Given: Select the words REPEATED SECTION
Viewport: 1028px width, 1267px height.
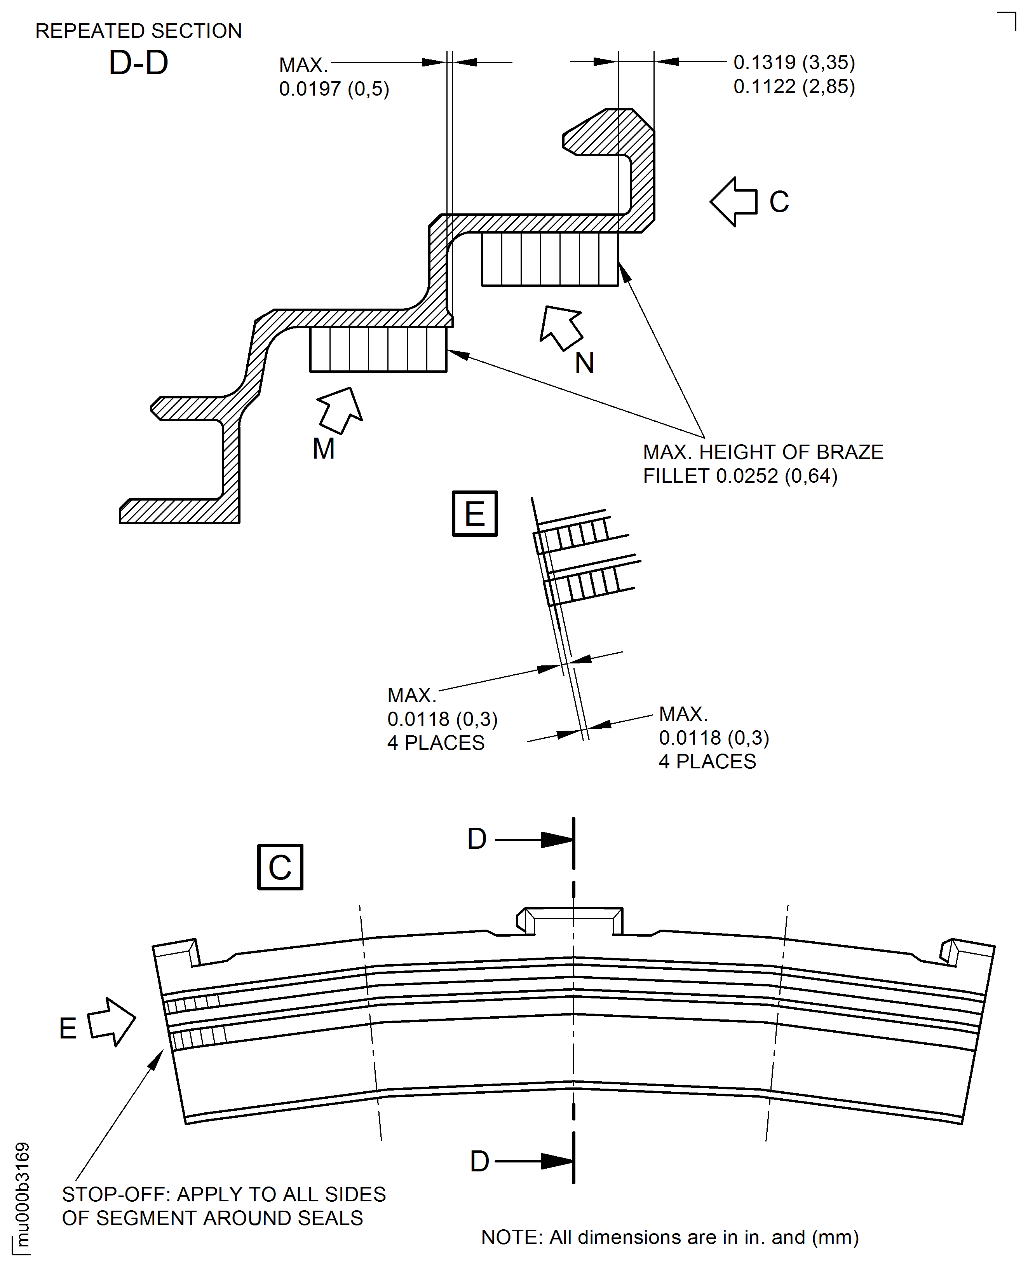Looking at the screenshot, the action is coord(139,31).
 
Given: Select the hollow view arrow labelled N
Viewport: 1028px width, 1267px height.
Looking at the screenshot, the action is coord(560,328).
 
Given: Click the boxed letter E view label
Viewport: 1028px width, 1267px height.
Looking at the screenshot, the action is coord(475,513).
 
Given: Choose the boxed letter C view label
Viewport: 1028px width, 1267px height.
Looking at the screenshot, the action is coord(280,867).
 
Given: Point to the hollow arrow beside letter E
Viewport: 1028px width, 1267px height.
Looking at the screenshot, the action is coord(112,1022).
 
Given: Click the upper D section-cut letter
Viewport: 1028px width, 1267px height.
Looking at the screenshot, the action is coord(477,839).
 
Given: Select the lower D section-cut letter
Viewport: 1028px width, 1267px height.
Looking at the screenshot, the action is coord(480,1162).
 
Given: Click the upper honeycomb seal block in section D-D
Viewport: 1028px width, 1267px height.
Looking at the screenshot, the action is coord(550,259).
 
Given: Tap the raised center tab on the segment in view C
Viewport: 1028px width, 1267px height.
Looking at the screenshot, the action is coord(570,921).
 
